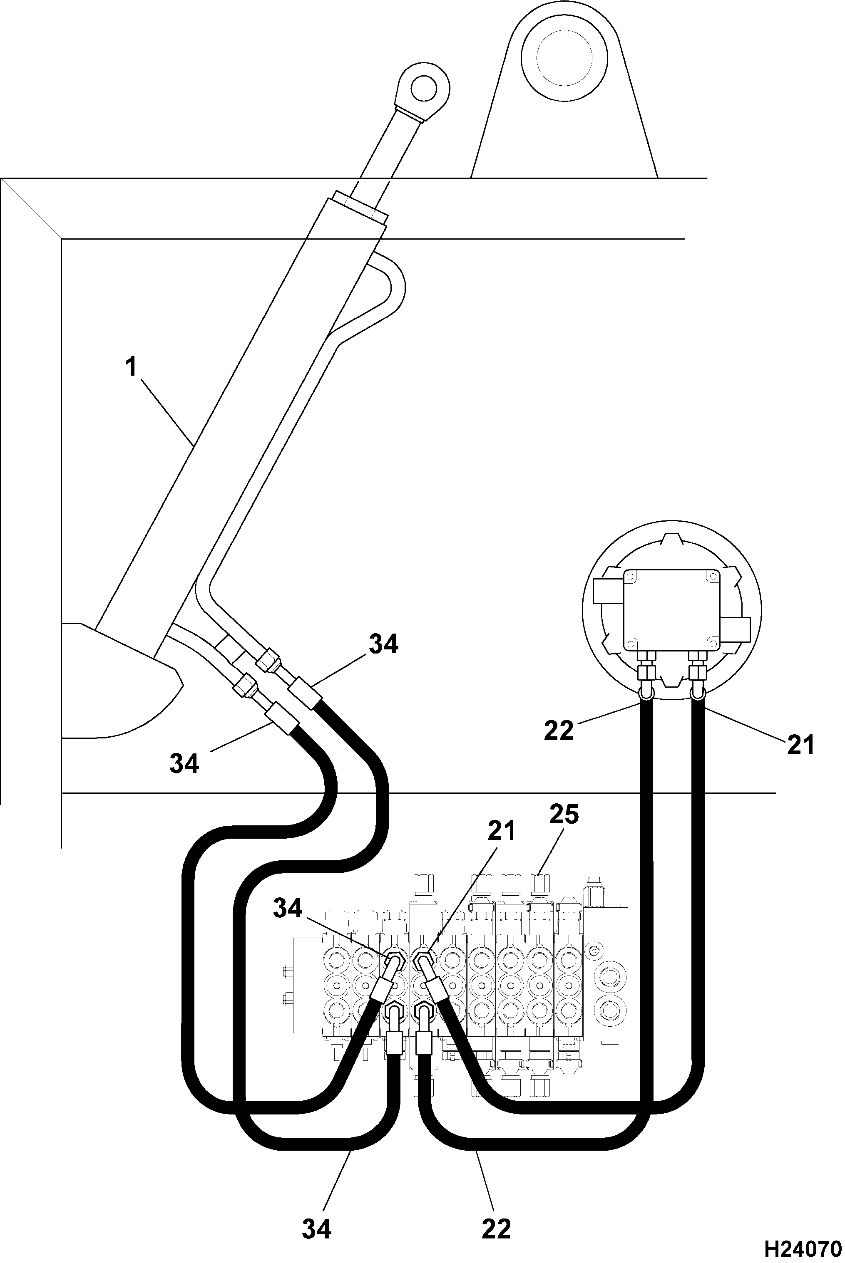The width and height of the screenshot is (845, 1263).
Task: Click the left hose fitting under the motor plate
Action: click(x=646, y=666)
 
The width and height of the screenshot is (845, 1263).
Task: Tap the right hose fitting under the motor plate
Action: click(x=698, y=666)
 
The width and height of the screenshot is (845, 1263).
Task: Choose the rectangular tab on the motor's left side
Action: click(x=608, y=591)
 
